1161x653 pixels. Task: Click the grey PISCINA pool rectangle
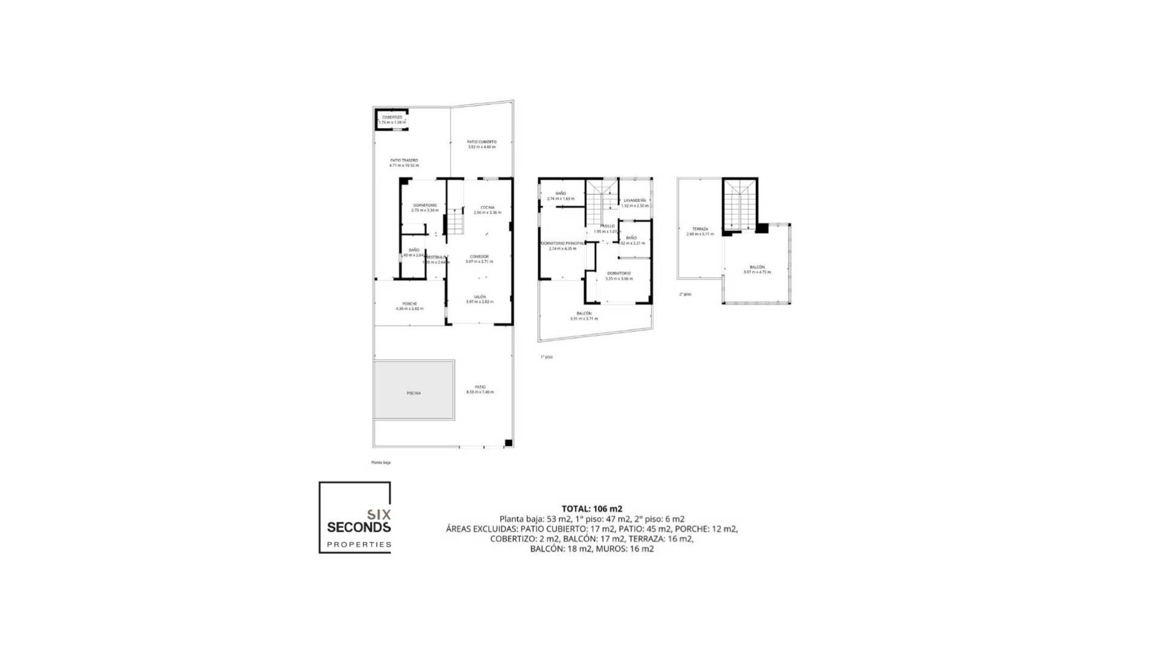click(x=414, y=390)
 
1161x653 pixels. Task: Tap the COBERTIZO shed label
click(x=392, y=117)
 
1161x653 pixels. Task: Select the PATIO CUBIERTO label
click(x=481, y=142)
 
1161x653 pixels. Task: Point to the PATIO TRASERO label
click(x=404, y=160)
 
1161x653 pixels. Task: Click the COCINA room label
click(x=487, y=207)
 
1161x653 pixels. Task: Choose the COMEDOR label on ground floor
click(x=479, y=256)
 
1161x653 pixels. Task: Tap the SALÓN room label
click(x=480, y=297)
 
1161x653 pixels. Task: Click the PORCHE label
click(x=409, y=304)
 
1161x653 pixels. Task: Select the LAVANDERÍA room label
click(x=634, y=200)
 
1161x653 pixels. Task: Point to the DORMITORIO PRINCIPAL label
click(x=562, y=244)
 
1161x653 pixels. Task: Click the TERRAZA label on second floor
click(x=700, y=229)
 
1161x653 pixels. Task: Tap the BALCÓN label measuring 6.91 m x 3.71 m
click(x=584, y=313)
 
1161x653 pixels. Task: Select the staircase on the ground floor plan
click(x=455, y=221)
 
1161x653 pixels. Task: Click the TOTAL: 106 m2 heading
click(x=591, y=509)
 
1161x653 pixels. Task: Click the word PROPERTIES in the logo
click(x=359, y=544)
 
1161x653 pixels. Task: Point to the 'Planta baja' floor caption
click(x=381, y=463)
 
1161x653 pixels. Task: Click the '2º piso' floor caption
click(x=685, y=294)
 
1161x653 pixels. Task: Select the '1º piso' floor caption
click(x=546, y=357)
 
